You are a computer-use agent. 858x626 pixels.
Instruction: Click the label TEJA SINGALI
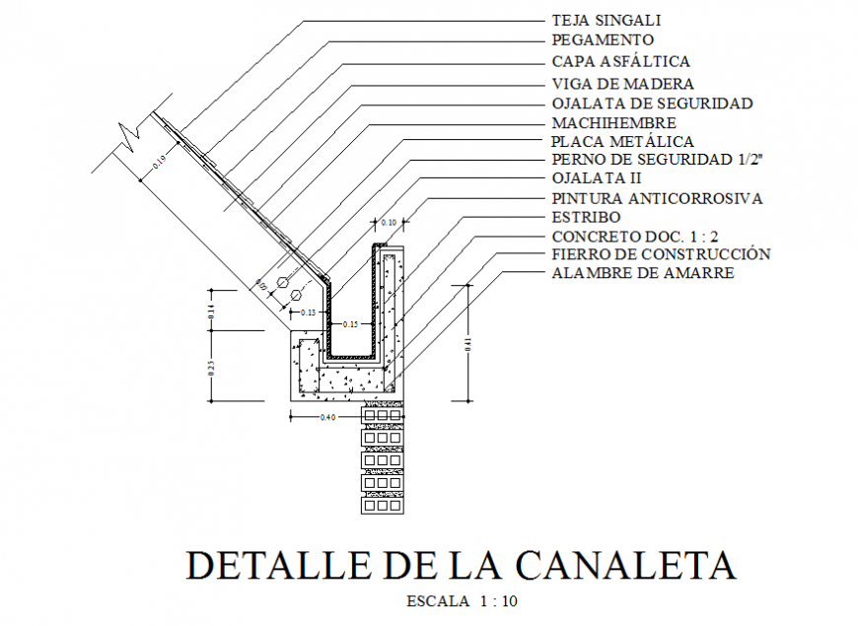tap(606, 20)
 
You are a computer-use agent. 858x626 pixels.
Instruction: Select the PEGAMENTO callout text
tap(603, 40)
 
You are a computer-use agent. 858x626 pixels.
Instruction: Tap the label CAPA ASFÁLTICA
tap(620, 61)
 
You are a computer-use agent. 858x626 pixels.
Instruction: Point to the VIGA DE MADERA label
tap(622, 84)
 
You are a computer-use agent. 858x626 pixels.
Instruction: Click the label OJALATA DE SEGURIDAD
tap(652, 104)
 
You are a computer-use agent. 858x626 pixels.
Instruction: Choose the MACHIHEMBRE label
tap(613, 123)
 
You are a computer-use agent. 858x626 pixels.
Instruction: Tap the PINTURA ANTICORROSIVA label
tap(657, 198)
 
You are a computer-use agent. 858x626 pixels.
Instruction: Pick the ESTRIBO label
tap(586, 217)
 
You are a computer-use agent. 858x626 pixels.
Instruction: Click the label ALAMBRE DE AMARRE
tap(642, 273)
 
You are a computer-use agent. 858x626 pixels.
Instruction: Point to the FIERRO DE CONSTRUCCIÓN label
tap(661, 254)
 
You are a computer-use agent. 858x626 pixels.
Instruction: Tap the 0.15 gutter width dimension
tap(350, 324)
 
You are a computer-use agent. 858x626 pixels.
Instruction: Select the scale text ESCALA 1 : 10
tap(462, 600)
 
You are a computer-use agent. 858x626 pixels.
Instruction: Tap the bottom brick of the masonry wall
tap(382, 506)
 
